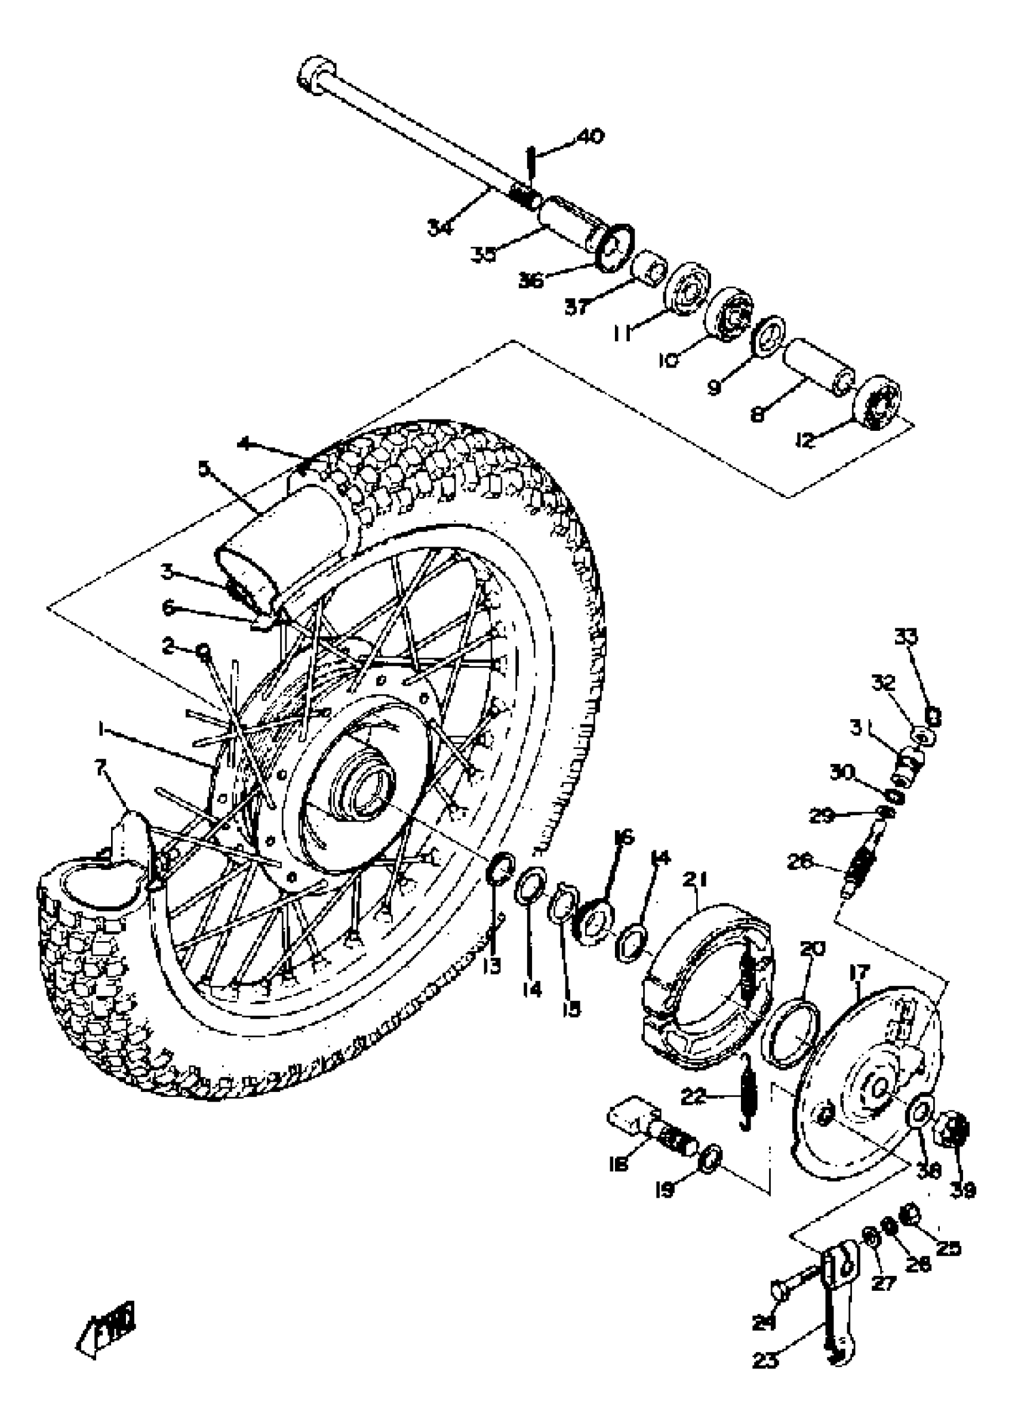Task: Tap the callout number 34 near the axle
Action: (440, 228)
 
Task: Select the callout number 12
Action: (805, 440)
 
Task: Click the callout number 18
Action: (619, 1163)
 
